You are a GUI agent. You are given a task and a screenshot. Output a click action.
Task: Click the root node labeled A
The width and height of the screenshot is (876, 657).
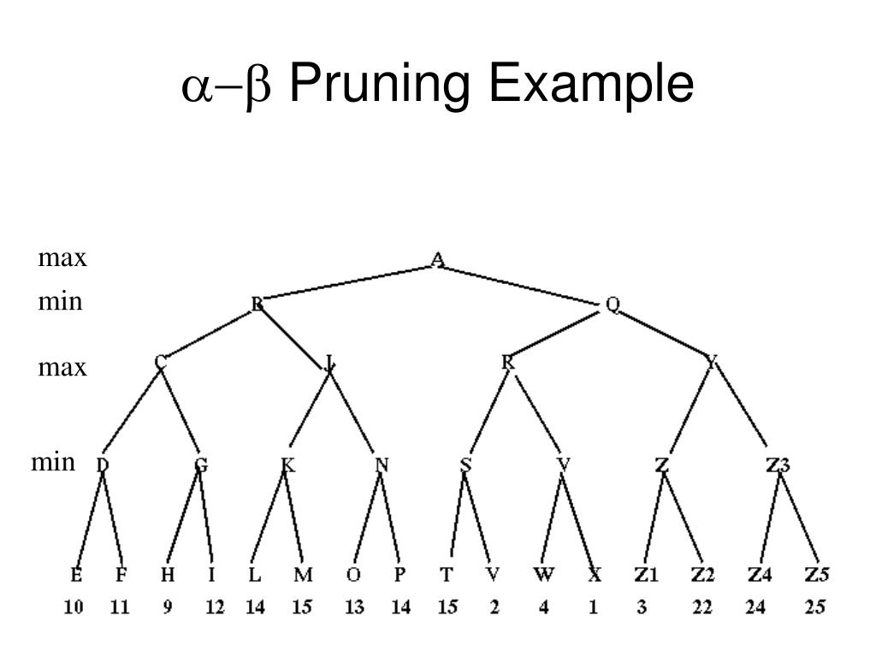coord(438,258)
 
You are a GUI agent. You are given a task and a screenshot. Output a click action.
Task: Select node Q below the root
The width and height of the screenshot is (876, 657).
coord(613,304)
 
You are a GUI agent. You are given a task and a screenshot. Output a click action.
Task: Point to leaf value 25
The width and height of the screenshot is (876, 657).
coord(816,607)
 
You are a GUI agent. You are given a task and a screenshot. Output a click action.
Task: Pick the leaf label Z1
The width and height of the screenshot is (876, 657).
coord(647,575)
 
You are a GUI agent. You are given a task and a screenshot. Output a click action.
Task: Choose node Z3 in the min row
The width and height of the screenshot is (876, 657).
coord(778,465)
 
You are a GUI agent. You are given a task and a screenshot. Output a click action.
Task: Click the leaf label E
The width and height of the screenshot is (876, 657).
coord(76,575)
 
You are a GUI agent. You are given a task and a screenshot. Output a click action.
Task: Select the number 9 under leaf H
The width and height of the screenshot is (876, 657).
coord(168,607)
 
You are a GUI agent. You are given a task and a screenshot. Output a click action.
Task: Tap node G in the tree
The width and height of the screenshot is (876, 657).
coord(200,465)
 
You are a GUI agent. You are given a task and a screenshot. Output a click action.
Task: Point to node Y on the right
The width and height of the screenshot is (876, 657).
coord(712,364)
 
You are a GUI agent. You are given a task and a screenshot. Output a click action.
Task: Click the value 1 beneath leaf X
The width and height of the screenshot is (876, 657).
coord(593,607)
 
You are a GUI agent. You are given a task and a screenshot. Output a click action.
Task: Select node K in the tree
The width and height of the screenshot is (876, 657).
coord(287,465)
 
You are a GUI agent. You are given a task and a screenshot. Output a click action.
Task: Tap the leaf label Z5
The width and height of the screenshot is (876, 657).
coord(816,575)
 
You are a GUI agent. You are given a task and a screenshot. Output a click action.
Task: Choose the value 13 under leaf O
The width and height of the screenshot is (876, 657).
coord(354,607)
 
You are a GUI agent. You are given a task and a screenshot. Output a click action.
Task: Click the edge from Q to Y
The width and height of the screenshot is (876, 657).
coord(663,334)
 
